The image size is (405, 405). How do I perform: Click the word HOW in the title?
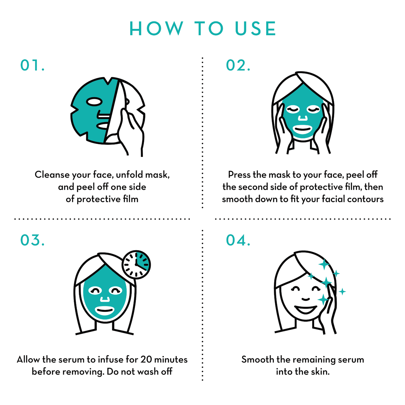(x=156, y=29)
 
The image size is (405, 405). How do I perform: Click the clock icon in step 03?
(x=136, y=265)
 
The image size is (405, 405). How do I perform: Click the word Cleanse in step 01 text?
(x=52, y=175)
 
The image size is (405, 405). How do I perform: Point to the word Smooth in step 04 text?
(x=258, y=359)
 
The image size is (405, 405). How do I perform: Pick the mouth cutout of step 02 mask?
(x=302, y=130)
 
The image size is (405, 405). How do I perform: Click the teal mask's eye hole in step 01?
(x=94, y=101)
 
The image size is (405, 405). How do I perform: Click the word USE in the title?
(x=256, y=29)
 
